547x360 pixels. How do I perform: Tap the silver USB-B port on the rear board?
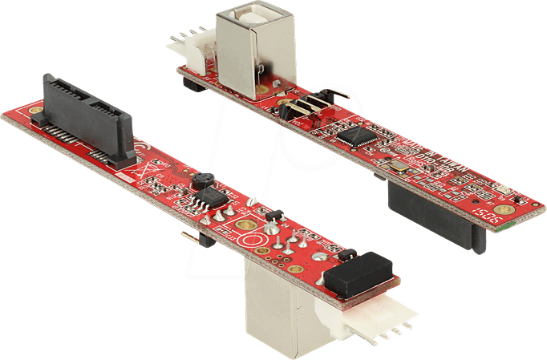[244, 48]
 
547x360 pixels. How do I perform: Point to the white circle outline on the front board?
[253, 240]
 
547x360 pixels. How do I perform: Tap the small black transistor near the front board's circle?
[273, 214]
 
